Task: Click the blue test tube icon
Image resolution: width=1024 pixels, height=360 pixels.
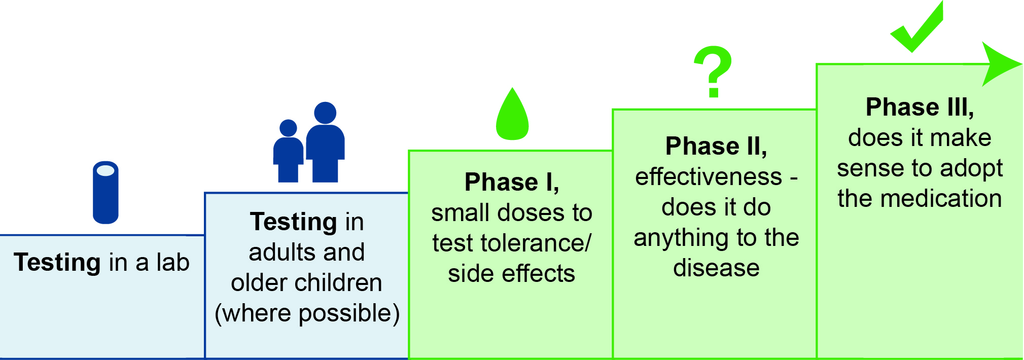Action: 105,193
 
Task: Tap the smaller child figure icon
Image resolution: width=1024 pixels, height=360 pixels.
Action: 288,151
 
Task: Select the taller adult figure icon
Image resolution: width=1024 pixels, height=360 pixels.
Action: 325,142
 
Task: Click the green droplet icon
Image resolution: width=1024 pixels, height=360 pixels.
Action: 512,114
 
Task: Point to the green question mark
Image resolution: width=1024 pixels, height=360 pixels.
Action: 713,71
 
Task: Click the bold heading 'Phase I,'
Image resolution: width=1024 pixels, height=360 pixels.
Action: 512,182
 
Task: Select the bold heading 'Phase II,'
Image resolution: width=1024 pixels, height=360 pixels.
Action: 716,146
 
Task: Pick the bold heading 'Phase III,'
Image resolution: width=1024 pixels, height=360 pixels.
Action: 920,107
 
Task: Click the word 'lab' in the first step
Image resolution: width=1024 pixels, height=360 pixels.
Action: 173,262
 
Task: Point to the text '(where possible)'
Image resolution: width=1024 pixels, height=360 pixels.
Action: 307,313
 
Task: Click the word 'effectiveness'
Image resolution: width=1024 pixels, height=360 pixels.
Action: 709,176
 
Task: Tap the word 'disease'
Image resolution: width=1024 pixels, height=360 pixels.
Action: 716,268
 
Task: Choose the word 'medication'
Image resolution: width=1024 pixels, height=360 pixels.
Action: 941,198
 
